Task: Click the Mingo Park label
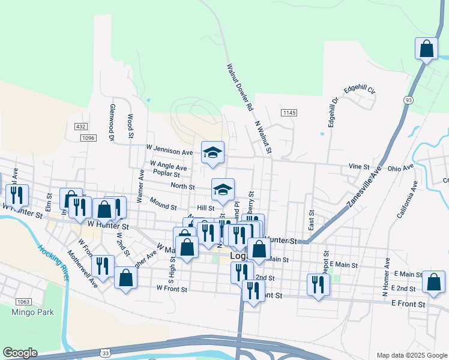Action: coord(32,312)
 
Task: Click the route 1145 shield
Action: coord(289,113)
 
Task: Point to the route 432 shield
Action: coord(81,127)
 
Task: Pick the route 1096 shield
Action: coord(88,138)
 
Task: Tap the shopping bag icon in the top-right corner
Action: coord(426,49)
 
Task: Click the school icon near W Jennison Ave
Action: coord(212,152)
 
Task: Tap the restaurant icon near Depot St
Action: coord(318,284)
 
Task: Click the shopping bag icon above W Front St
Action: coord(125,277)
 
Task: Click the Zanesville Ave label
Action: coord(364,187)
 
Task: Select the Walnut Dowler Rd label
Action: coord(239,87)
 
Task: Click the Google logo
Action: coord(20,353)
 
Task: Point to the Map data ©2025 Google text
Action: coord(411,355)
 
